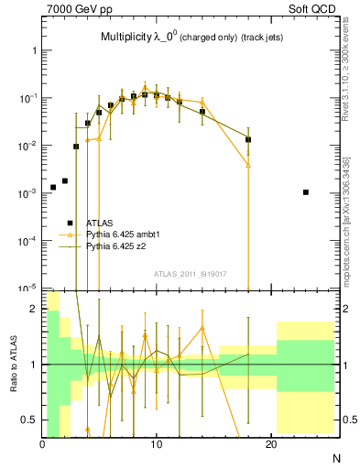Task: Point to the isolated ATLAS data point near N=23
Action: (x=305, y=192)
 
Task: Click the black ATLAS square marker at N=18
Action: (x=248, y=140)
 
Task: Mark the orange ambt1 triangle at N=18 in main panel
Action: (x=248, y=165)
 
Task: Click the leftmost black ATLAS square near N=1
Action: (x=53, y=187)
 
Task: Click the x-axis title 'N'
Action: (x=335, y=457)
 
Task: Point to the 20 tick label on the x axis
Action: (x=270, y=445)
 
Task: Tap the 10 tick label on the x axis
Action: (x=157, y=445)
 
